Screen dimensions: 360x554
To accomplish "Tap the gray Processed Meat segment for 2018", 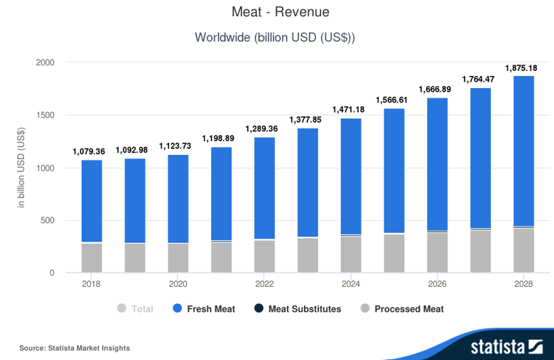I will [x=92, y=258].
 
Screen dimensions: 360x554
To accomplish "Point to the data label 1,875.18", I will [x=521, y=68].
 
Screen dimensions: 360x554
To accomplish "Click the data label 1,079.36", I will [x=89, y=152].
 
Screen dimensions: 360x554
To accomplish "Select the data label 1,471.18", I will [x=349, y=110].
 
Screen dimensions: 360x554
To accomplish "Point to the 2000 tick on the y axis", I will [x=45, y=62].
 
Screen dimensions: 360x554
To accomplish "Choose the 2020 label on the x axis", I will [x=178, y=284].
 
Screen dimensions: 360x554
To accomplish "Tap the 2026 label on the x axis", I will [x=438, y=284].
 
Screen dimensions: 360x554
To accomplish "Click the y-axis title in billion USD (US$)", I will [x=22, y=168].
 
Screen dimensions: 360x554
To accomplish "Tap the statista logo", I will [x=506, y=347].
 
